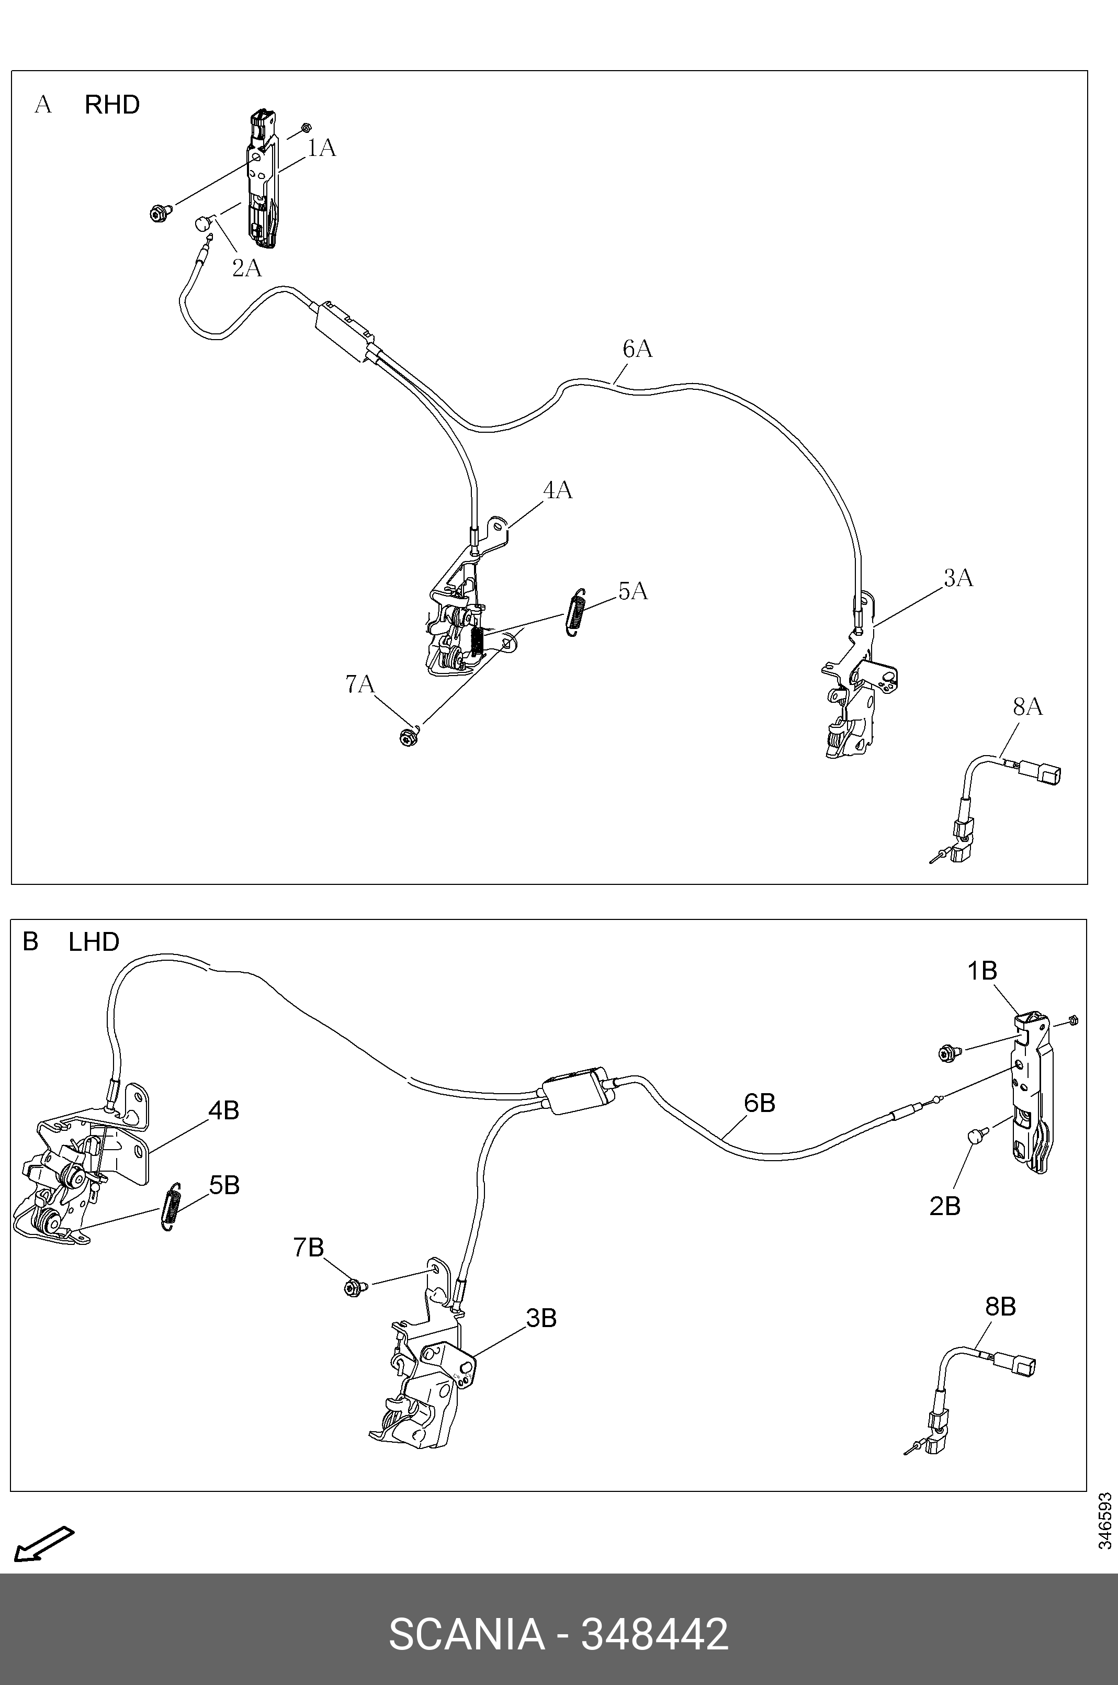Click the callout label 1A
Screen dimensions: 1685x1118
[322, 148]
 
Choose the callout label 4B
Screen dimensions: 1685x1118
[223, 1110]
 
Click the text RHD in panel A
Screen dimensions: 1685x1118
[112, 105]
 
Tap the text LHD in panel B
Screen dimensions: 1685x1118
[94, 942]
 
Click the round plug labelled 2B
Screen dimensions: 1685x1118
[975, 1134]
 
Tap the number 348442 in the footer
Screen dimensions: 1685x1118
[654, 1634]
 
